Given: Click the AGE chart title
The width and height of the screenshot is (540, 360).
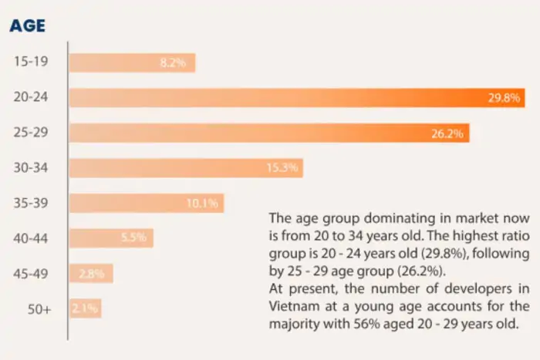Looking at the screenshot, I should pyautogui.click(x=27, y=25).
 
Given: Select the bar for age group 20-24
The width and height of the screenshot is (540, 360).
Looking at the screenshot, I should pyautogui.click(x=297, y=97).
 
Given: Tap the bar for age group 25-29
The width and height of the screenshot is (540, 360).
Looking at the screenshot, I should pyautogui.click(x=268, y=133).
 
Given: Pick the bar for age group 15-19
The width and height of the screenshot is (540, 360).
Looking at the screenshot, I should pyautogui.click(x=132, y=62).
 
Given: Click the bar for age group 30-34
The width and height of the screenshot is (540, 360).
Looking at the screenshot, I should pyautogui.click(x=186, y=167).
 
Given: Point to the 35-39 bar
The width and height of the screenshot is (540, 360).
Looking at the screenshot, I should pyautogui.click(x=147, y=203).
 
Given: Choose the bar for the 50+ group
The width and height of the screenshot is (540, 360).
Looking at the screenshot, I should pyautogui.click(x=85, y=308).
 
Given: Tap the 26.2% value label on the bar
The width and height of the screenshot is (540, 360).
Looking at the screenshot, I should pyautogui.click(x=447, y=133).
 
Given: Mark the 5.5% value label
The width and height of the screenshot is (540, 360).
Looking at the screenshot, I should pyautogui.click(x=133, y=238).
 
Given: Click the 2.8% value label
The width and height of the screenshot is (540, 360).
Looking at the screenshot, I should pyautogui.click(x=95, y=274).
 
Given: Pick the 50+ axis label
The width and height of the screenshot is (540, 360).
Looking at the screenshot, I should pyautogui.click(x=39, y=309).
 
